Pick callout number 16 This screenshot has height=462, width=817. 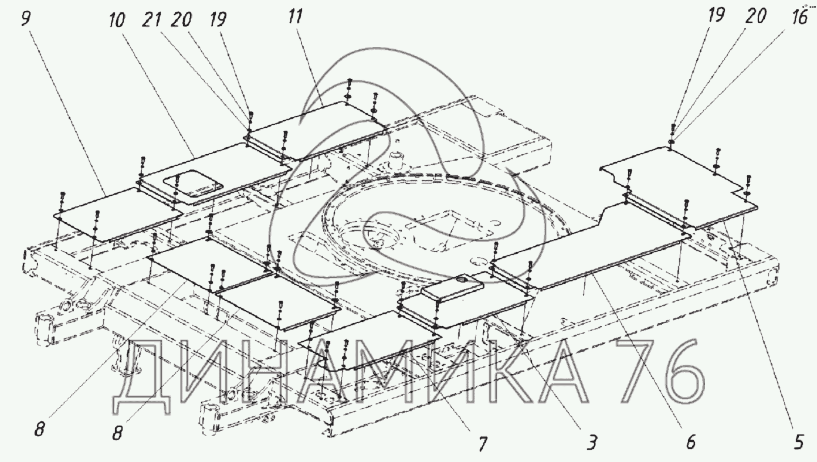point(798,18)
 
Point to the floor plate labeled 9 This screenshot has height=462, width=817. point(117,214)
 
